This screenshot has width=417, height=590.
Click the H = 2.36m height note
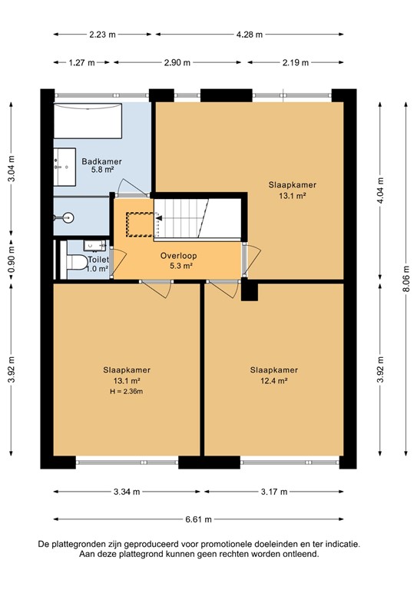126,391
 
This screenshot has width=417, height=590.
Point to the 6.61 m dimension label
198,519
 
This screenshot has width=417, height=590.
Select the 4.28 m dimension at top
249,35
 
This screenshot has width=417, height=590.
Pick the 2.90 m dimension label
177,63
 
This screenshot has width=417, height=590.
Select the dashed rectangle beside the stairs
140,223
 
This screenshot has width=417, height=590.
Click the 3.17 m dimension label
274,492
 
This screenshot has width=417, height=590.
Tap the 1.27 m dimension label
81,63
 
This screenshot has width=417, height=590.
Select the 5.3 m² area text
180,267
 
